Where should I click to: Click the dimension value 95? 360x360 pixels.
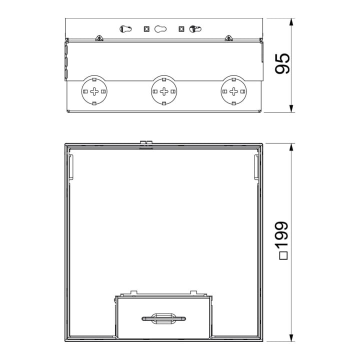click(282, 63)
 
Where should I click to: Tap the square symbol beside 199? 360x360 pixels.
click(283, 256)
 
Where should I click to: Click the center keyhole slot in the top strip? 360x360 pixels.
click(160, 29)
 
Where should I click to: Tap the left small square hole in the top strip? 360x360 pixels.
click(146, 29)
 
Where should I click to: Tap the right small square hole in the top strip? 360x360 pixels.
click(181, 29)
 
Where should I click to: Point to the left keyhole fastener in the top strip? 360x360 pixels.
click(125, 29)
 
